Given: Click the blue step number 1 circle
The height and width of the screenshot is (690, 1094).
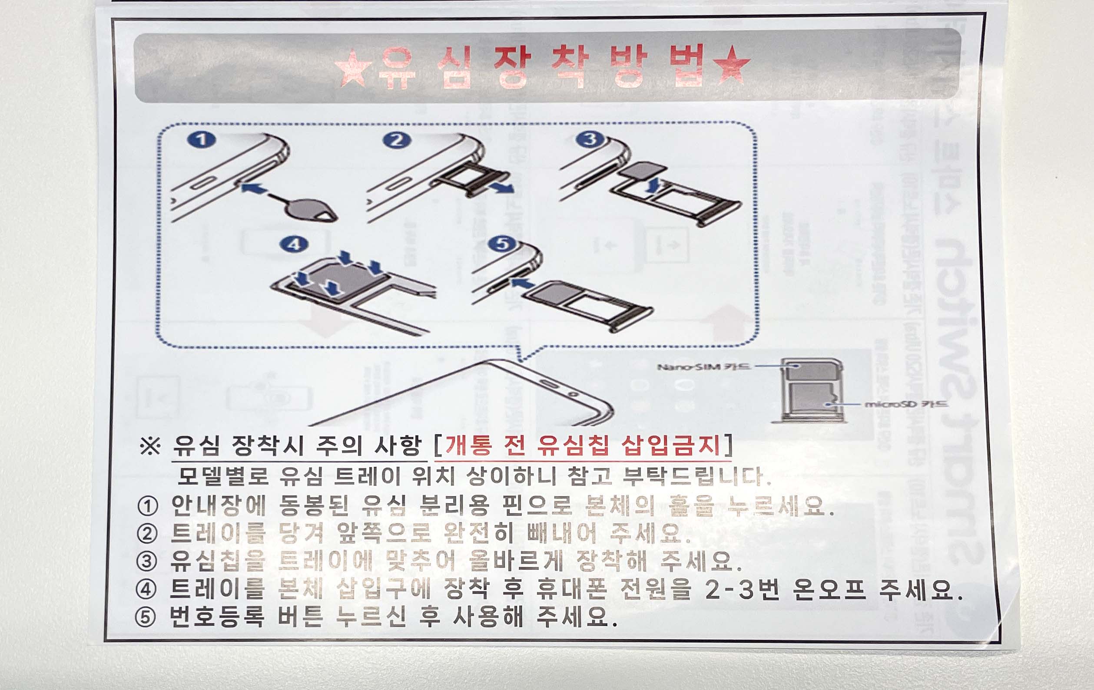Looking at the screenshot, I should point(202,139).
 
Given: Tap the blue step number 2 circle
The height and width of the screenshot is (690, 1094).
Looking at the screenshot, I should point(396,140).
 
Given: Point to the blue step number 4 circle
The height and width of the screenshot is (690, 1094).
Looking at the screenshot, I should point(294,244).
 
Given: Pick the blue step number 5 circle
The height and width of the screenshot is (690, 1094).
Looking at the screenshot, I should point(501,244).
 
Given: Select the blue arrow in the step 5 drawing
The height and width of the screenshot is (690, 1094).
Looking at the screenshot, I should point(521,284).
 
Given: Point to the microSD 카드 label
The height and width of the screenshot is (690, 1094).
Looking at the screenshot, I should point(906,403).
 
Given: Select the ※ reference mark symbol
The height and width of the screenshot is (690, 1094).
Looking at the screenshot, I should point(150,446).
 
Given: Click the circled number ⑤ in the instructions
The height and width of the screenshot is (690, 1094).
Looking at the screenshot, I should point(146,618).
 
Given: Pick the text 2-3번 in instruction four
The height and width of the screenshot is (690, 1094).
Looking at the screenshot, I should point(743,590).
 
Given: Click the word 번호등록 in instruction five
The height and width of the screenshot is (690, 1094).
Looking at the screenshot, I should point(216,617).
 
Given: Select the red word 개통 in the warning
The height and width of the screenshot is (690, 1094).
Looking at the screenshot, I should point(468,445).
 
